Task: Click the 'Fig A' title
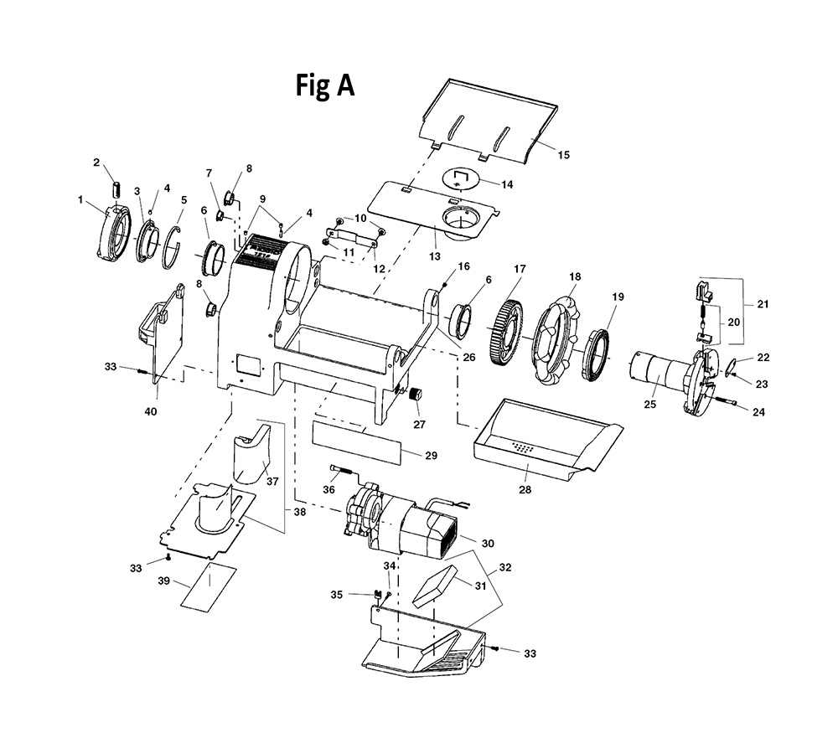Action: tap(325, 85)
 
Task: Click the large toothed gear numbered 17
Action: tap(506, 333)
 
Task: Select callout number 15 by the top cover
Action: tap(564, 155)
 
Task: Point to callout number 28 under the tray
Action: tap(525, 489)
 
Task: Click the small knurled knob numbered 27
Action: tap(416, 395)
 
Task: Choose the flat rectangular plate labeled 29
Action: tap(356, 442)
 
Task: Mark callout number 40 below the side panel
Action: tap(151, 411)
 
